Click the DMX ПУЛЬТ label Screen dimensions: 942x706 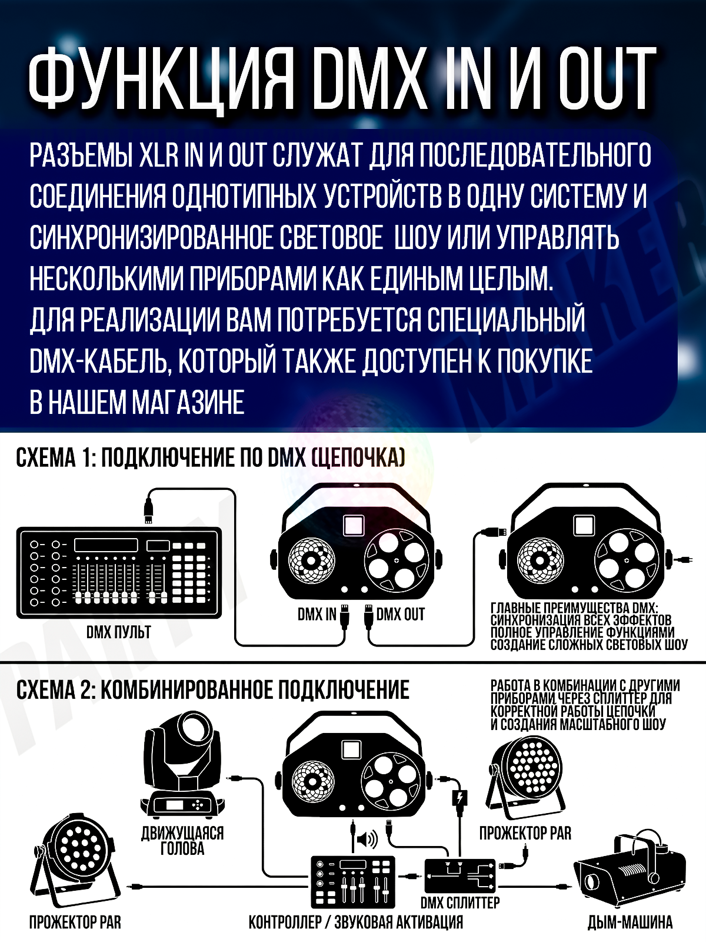pyautogui.click(x=119, y=632)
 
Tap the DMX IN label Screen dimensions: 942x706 pyautogui.click(x=317, y=615)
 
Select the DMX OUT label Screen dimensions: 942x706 pyautogui.click(x=401, y=615)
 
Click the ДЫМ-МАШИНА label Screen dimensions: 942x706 pyautogui.click(x=630, y=923)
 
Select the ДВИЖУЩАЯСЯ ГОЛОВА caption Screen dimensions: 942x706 pyautogui.click(x=182, y=841)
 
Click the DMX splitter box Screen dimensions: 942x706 pyautogui.click(x=461, y=875)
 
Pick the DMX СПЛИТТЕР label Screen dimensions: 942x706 pyautogui.click(x=460, y=903)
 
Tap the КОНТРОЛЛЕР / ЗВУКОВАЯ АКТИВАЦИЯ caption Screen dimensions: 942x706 pyautogui.click(x=356, y=922)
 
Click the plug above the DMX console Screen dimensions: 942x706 pyautogui.click(x=149, y=509)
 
